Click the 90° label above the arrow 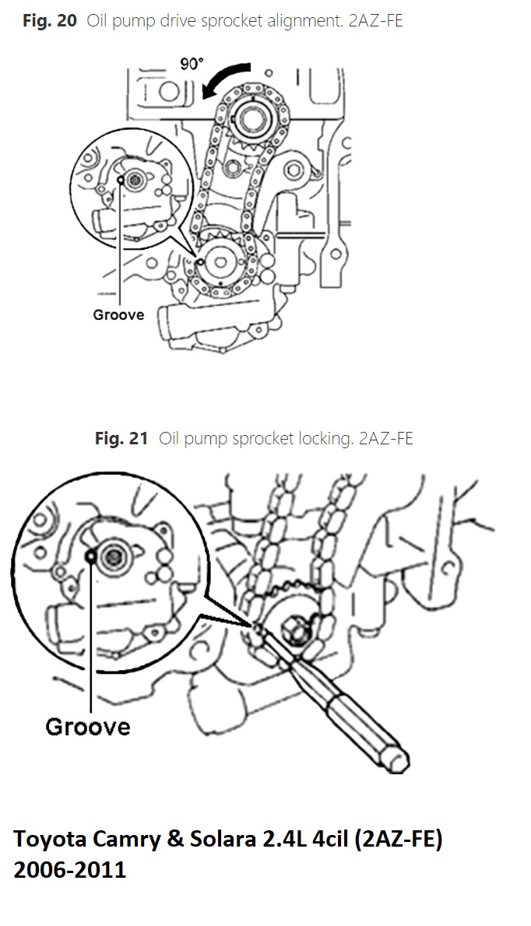tap(192, 64)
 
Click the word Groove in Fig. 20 tap(118, 315)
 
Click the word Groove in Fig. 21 tap(88, 726)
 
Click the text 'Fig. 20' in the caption tap(50, 21)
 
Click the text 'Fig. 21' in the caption tap(121, 438)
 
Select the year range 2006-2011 tap(70, 870)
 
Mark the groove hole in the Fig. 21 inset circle tap(91, 556)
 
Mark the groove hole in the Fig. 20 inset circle tap(120, 180)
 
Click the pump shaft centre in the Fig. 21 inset tap(111, 556)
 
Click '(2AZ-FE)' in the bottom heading tap(398, 839)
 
